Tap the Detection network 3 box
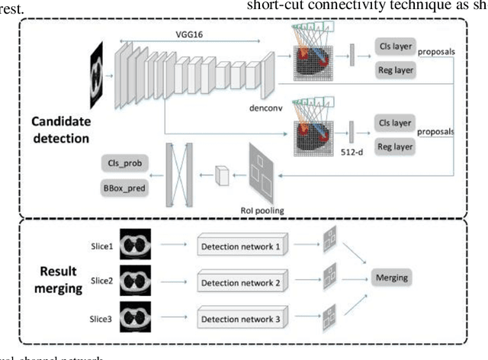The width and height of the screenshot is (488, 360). click(x=240, y=318)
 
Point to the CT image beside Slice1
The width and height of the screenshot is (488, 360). click(x=135, y=244)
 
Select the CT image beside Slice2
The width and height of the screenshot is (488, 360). click(x=135, y=280)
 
